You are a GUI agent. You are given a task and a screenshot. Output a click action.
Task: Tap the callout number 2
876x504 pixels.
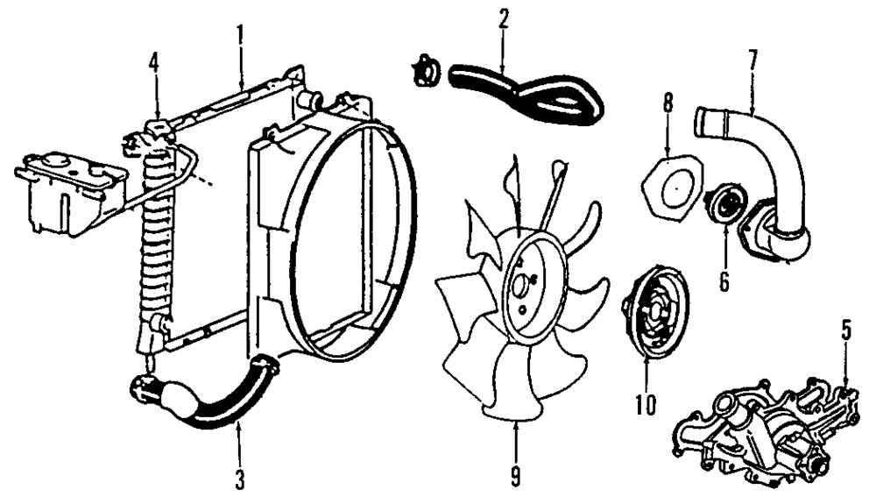click(x=503, y=20)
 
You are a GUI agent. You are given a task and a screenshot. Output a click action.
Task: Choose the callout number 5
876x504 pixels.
click(x=846, y=330)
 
